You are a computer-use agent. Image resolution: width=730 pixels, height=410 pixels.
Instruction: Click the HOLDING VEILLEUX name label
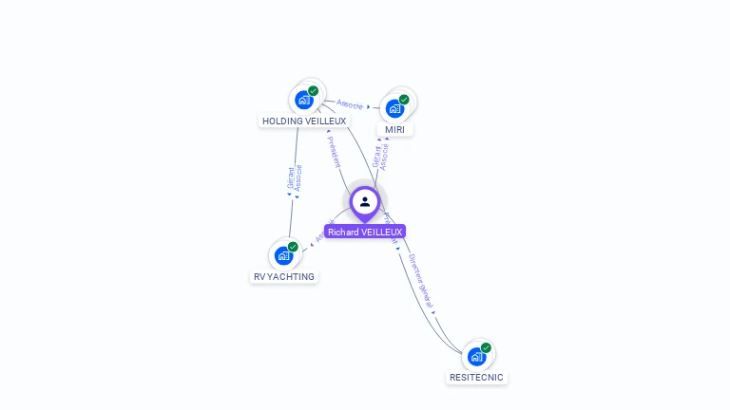(x=304, y=121)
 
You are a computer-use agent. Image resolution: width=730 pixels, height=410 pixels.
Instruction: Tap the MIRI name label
(x=394, y=129)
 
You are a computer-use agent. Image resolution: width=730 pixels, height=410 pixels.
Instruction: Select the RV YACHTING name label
(x=284, y=277)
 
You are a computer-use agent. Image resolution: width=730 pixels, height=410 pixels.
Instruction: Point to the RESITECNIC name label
(x=476, y=378)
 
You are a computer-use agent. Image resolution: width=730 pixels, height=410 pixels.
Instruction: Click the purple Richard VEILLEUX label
(x=365, y=232)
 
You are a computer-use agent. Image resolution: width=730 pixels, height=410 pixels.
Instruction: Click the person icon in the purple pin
(x=365, y=201)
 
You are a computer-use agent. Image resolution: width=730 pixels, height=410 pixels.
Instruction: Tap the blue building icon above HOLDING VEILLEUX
(x=304, y=99)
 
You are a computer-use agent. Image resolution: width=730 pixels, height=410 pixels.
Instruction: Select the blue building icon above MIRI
(x=394, y=107)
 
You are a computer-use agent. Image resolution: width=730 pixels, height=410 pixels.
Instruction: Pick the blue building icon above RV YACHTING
(x=283, y=255)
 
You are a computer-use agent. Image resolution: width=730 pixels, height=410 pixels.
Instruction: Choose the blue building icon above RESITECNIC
(x=476, y=357)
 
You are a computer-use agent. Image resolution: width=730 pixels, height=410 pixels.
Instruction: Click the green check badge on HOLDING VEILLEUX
(x=314, y=91)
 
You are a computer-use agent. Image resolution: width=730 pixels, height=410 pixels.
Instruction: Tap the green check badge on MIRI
(x=404, y=100)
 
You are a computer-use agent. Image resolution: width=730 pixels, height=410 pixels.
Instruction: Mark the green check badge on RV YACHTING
(x=293, y=247)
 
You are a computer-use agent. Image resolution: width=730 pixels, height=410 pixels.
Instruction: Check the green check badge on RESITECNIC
(x=486, y=348)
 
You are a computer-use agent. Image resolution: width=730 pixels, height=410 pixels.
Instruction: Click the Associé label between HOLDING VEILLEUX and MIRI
(x=350, y=103)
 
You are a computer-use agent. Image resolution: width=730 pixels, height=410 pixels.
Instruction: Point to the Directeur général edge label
(x=420, y=281)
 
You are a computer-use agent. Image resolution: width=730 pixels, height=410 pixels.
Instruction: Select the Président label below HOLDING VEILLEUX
(x=334, y=152)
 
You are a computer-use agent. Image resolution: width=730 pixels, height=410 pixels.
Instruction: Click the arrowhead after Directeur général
(x=434, y=312)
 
